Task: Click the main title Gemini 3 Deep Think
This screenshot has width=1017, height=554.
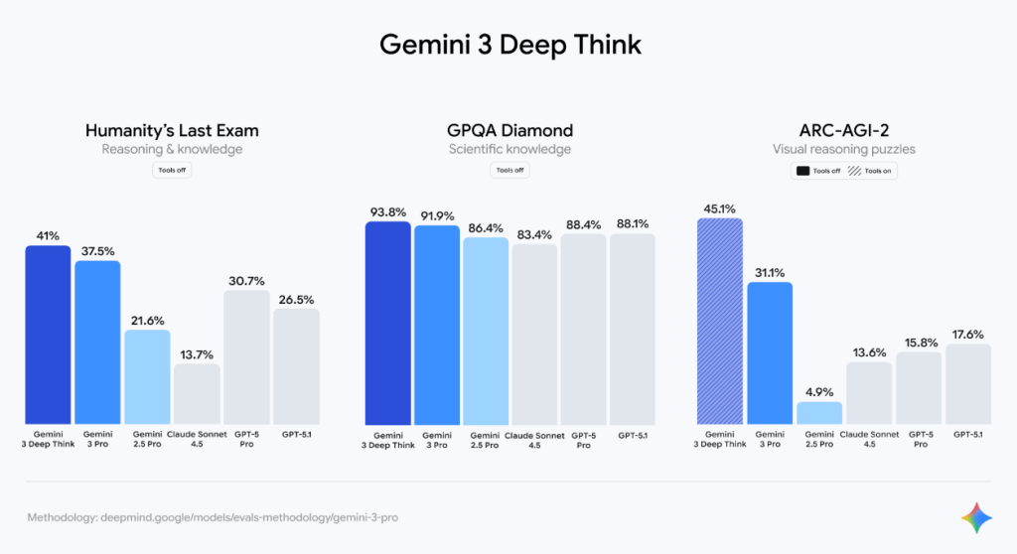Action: [x=509, y=45]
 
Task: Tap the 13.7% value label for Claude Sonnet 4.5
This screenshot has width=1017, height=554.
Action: [x=197, y=354]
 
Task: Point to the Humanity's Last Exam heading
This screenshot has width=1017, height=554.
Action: [x=172, y=130]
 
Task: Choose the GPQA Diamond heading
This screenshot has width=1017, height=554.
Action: [x=509, y=130]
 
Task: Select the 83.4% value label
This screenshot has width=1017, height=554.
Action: [x=534, y=234]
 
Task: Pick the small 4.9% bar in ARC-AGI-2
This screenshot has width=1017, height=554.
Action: [x=819, y=412]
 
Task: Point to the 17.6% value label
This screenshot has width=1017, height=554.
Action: [x=967, y=335]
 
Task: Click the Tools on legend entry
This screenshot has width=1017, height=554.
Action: [x=870, y=171]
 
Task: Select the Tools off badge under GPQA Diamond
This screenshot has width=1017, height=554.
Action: [x=509, y=170]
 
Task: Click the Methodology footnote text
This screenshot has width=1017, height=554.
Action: [x=213, y=518]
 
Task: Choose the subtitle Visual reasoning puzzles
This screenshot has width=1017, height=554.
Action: [x=844, y=150]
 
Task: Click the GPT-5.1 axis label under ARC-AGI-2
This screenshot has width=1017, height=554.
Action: [x=967, y=434]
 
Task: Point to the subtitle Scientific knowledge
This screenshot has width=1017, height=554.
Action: [x=509, y=150]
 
